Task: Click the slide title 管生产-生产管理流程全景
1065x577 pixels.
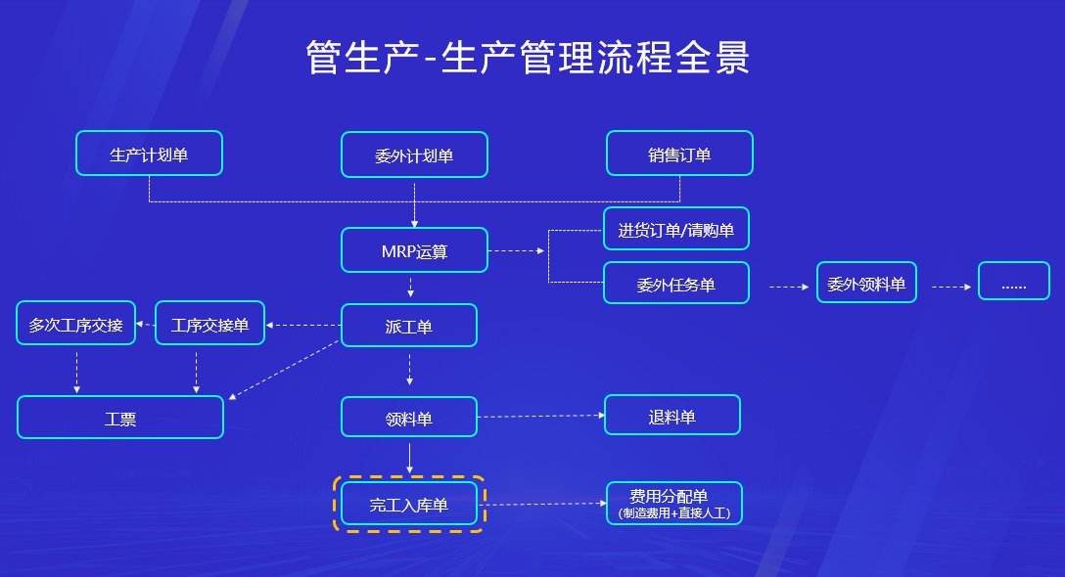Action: point(528,58)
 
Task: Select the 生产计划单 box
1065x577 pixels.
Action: point(149,154)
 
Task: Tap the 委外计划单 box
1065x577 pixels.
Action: point(414,155)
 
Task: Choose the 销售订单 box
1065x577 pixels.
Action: point(679,154)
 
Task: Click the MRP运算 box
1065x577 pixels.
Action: point(414,250)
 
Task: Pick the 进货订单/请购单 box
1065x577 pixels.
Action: point(675,229)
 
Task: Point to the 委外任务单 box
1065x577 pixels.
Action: point(675,284)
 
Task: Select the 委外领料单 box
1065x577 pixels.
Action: point(866,283)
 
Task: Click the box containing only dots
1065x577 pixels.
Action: point(1013,282)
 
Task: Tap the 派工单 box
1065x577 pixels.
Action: point(408,326)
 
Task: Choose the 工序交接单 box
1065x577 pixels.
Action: point(209,324)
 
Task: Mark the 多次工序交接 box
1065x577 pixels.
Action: point(75,324)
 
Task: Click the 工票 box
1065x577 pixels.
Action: point(120,418)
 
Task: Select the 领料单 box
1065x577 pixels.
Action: point(408,418)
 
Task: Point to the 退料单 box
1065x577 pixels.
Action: point(671,416)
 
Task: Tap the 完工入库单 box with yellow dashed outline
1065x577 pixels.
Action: point(408,504)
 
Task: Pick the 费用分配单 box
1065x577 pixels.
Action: point(673,503)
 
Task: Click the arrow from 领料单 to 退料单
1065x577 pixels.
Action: point(540,417)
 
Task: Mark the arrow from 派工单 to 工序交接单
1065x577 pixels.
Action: point(303,325)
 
